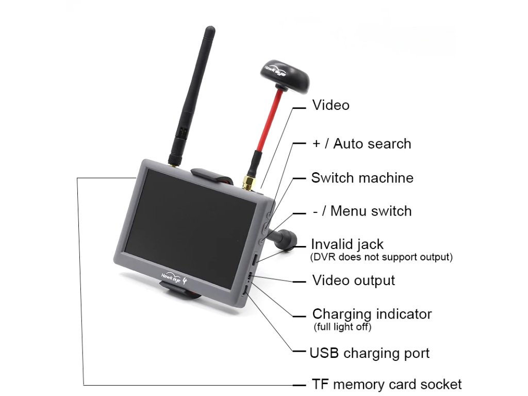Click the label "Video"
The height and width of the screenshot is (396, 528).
[x=331, y=105]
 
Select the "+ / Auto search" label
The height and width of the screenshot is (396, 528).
[x=361, y=143]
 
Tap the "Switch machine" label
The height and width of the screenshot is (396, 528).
[x=362, y=178]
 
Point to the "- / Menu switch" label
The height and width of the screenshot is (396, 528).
[x=362, y=211]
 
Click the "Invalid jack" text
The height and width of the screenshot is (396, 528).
[x=347, y=243]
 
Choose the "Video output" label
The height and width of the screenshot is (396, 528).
[x=354, y=280]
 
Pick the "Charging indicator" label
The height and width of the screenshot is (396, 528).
[x=372, y=313]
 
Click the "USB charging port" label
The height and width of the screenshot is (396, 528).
[x=369, y=353]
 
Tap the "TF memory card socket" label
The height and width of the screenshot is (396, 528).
[x=387, y=384]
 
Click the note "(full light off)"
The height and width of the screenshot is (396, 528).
[x=342, y=327]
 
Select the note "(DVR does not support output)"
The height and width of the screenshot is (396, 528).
[x=382, y=256]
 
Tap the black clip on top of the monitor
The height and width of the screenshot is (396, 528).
[x=211, y=175]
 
